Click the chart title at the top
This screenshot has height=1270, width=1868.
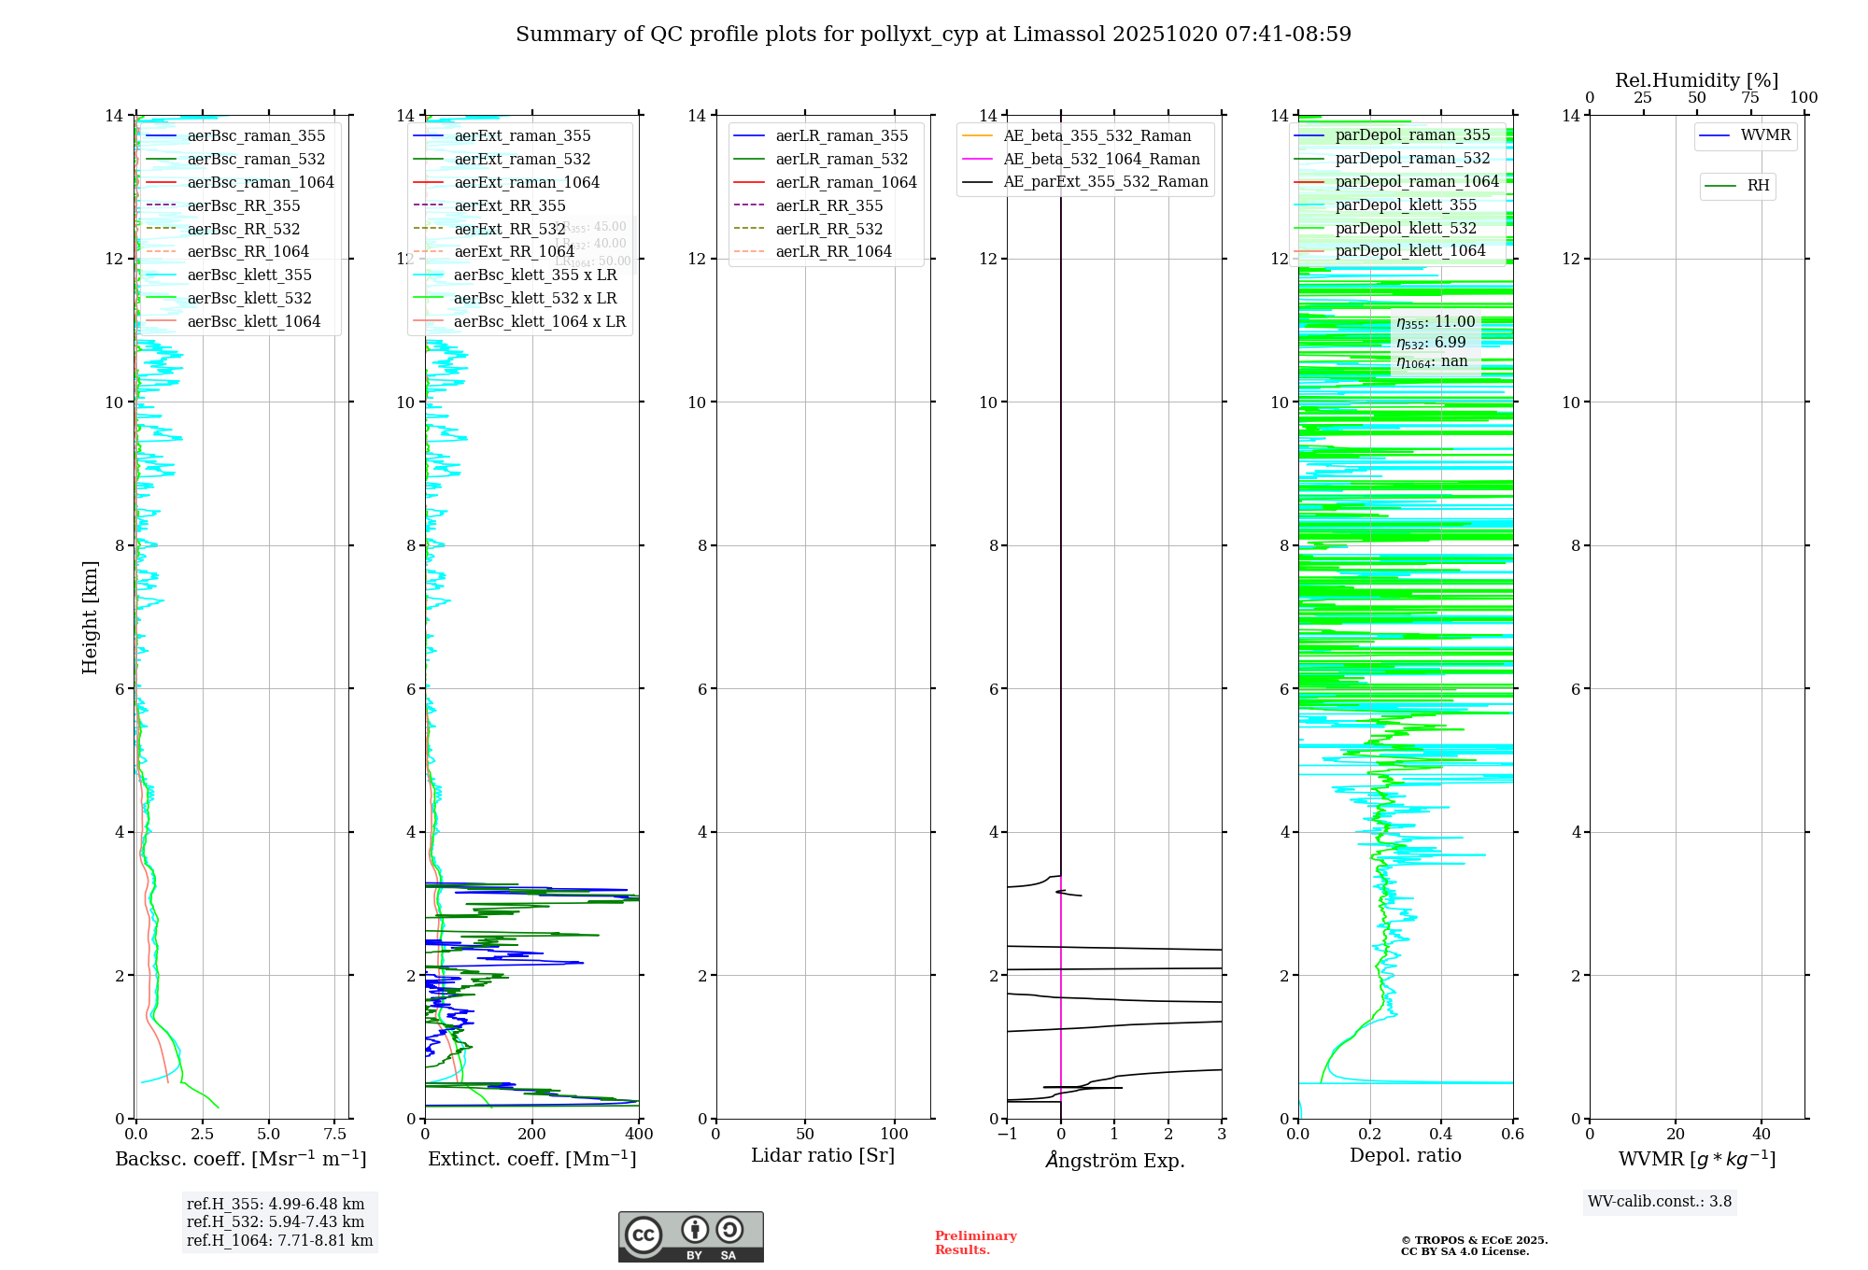pyautogui.click(x=933, y=35)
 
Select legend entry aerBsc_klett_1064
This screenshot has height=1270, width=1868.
pyautogui.click(x=253, y=321)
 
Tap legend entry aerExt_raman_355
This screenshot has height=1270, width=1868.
pyautogui.click(x=522, y=136)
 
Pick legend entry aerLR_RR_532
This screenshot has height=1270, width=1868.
pyautogui.click(x=828, y=229)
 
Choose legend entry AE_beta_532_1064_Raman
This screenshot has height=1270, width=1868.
pyautogui.click(x=1101, y=159)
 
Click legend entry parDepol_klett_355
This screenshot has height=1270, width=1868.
pyautogui.click(x=1406, y=205)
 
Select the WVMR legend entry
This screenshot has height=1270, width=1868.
pyautogui.click(x=1765, y=135)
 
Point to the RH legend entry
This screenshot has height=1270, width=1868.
pyautogui.click(x=1758, y=186)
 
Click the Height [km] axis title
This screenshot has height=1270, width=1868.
pyautogui.click(x=90, y=616)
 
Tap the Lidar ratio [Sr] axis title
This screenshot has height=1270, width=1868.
pyautogui.click(x=823, y=1155)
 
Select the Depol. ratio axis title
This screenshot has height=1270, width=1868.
pyautogui.click(x=1405, y=1155)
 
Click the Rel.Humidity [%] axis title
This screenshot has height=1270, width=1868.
pyautogui.click(x=1696, y=80)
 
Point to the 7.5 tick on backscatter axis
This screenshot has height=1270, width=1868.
pyautogui.click(x=335, y=1135)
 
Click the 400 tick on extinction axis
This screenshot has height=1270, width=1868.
pyautogui.click(x=639, y=1135)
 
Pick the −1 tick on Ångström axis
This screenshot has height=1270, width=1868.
pyautogui.click(x=1007, y=1135)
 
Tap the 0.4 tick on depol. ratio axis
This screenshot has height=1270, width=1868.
pyautogui.click(x=1441, y=1135)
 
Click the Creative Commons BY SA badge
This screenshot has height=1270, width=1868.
pyautogui.click(x=690, y=1236)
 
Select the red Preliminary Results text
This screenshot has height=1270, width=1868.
pyautogui.click(x=975, y=1243)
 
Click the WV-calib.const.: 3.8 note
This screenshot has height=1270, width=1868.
pyautogui.click(x=1659, y=1202)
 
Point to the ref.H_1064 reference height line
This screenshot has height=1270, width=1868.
pyautogui.click(x=279, y=1241)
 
